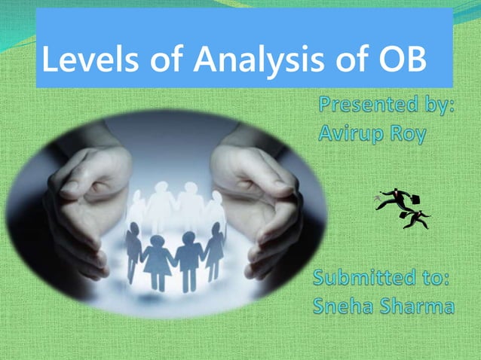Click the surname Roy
[407, 134]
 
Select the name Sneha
[344, 307]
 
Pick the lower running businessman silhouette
[415, 218]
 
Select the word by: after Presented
[433, 108]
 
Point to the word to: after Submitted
[434, 281]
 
